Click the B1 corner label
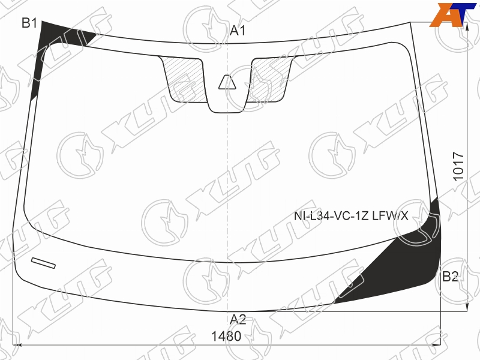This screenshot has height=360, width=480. pyautogui.click(x=29, y=23)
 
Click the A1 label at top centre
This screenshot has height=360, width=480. pyautogui.click(x=238, y=31)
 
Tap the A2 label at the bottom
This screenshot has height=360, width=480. pyautogui.click(x=238, y=319)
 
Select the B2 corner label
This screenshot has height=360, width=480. pyautogui.click(x=450, y=277)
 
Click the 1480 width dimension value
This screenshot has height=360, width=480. pyautogui.click(x=226, y=337)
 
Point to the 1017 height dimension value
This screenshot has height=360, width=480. pyautogui.click(x=458, y=166)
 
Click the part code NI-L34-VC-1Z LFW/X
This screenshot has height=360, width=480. pyautogui.click(x=351, y=216)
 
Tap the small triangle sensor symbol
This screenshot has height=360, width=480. pyautogui.click(x=227, y=82)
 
